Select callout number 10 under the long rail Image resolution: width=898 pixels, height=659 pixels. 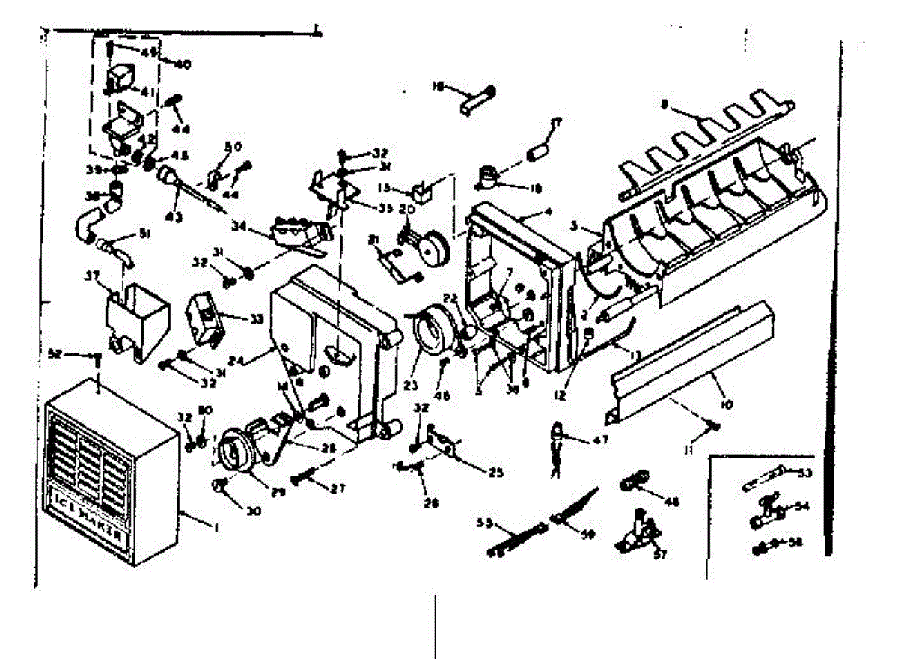[725, 404]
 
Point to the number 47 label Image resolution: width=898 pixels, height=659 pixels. [599, 440]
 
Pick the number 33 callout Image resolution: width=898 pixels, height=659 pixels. [257, 318]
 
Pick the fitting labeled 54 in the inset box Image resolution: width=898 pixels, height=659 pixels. [765, 514]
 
